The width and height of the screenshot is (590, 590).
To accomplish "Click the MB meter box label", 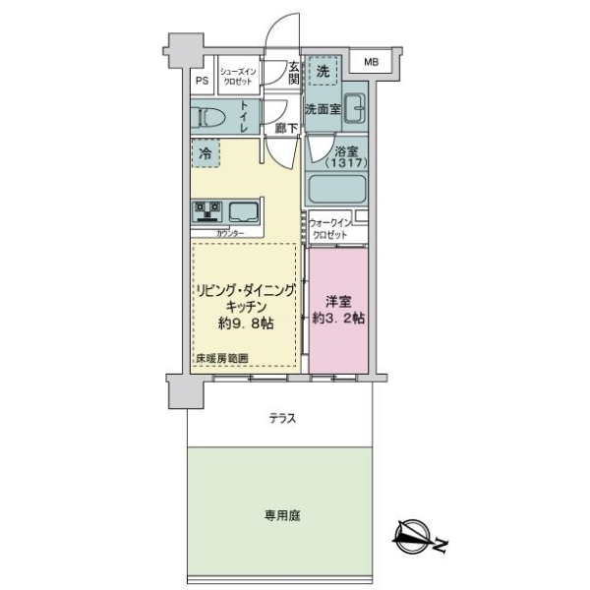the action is pyautogui.click(x=371, y=62).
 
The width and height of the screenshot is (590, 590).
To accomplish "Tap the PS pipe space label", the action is pyautogui.click(x=202, y=81).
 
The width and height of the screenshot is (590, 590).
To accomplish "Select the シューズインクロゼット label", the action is pyautogui.click(x=238, y=77).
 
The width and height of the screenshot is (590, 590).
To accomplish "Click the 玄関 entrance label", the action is pyautogui.click(x=294, y=73).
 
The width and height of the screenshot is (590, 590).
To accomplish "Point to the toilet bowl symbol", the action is pyautogui.click(x=208, y=117).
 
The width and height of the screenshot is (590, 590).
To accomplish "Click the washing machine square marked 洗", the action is pyautogui.click(x=323, y=71).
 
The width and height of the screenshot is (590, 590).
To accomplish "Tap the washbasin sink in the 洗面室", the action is pyautogui.click(x=354, y=108).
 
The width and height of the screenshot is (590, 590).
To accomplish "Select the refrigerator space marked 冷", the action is pyautogui.click(x=206, y=153).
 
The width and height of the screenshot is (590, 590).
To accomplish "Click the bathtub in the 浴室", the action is pyautogui.click(x=335, y=189).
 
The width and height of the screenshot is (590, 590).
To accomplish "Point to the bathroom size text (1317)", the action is pyautogui.click(x=346, y=163).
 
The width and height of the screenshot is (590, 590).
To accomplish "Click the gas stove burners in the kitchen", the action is pyautogui.click(x=206, y=211).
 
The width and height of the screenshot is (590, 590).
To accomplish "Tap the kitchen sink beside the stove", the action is pyautogui.click(x=244, y=212).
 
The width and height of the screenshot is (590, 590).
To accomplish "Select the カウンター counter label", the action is pyautogui.click(x=230, y=233).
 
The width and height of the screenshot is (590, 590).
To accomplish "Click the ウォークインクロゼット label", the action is pyautogui.click(x=329, y=229).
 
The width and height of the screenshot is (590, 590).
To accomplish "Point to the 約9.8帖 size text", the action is pyautogui.click(x=246, y=324).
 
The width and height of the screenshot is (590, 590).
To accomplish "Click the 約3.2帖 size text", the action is pyautogui.click(x=338, y=318).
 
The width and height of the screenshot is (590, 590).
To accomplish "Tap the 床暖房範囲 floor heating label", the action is pyautogui.click(x=221, y=359).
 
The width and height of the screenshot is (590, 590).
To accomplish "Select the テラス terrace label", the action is pyautogui.click(x=282, y=419).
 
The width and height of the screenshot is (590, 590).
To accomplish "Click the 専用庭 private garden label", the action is pyautogui.click(x=282, y=515).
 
